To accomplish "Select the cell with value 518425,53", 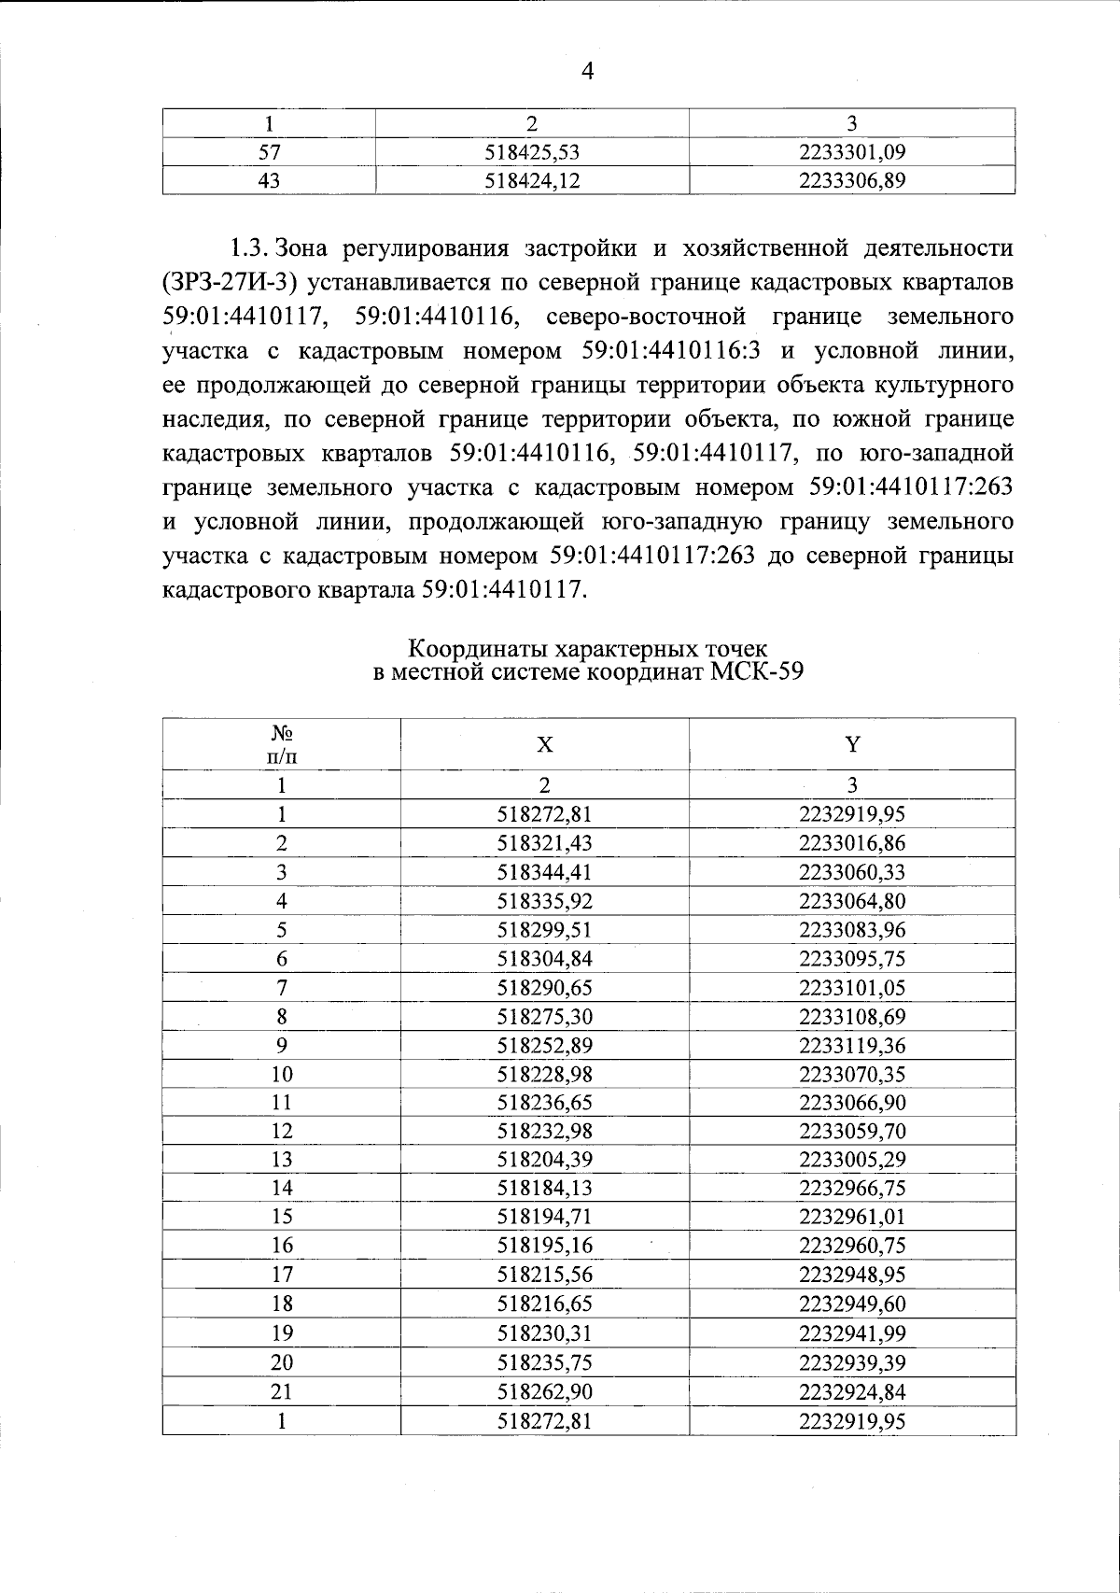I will coord(533,151).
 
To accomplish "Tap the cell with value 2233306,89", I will coord(852,180).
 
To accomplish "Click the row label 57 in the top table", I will coord(270,151).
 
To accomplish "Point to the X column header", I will coord(545,745).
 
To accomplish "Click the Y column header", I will coord(852,745).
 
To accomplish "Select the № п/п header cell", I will coord(282,744).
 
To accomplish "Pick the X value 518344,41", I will coord(545,873).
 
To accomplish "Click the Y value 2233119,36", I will coord(852,1046).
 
